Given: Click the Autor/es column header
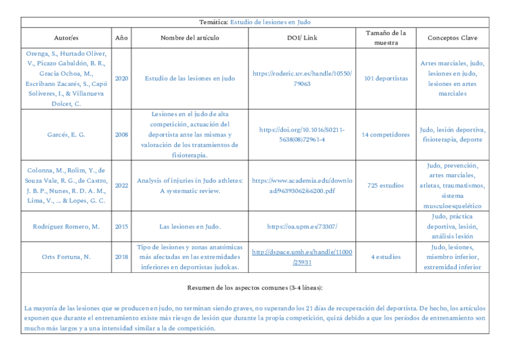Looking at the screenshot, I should coord(66,38).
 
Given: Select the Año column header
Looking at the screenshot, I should coord(121,38).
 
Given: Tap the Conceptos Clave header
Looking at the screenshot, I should coord(452,38).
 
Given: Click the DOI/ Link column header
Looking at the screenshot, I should coord(302,38).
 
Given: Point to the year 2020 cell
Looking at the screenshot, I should coord(121,78).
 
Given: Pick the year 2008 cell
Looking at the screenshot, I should coord(121,135).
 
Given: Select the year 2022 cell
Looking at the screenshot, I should coord(121,185).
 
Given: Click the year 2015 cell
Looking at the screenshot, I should coord(121,227).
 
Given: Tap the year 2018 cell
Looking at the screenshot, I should coord(121,257).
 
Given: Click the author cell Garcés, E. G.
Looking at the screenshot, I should coord(66,135).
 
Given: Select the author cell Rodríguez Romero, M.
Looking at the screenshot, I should coord(66,227).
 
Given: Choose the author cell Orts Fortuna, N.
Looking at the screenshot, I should coord(66,257).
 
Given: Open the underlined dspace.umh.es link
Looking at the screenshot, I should coord(302,257).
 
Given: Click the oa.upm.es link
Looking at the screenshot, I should coord(302,227).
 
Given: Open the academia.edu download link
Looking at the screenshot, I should coord(302,185).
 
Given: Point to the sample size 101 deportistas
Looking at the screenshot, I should coord(386,78).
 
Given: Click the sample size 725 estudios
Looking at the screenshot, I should coord(386,185).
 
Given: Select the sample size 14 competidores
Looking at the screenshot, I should coord(386,135).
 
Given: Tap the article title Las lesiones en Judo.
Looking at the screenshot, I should coord(189,227).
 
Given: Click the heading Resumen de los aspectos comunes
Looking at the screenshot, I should coord(255,288).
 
